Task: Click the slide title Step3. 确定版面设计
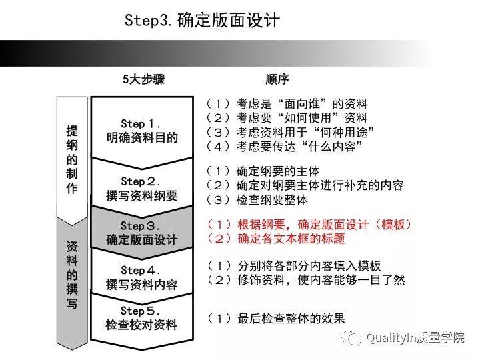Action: pos(202,21)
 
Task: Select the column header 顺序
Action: pos(277,79)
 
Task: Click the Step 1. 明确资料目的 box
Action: pos(142,131)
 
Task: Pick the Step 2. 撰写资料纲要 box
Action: pos(142,188)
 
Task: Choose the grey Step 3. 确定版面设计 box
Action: pos(142,232)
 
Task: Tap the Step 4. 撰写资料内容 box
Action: pos(142,277)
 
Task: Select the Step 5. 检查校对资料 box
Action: pos(142,317)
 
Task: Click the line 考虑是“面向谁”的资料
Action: pos(287,104)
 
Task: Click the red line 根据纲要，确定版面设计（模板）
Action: pos(310,225)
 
